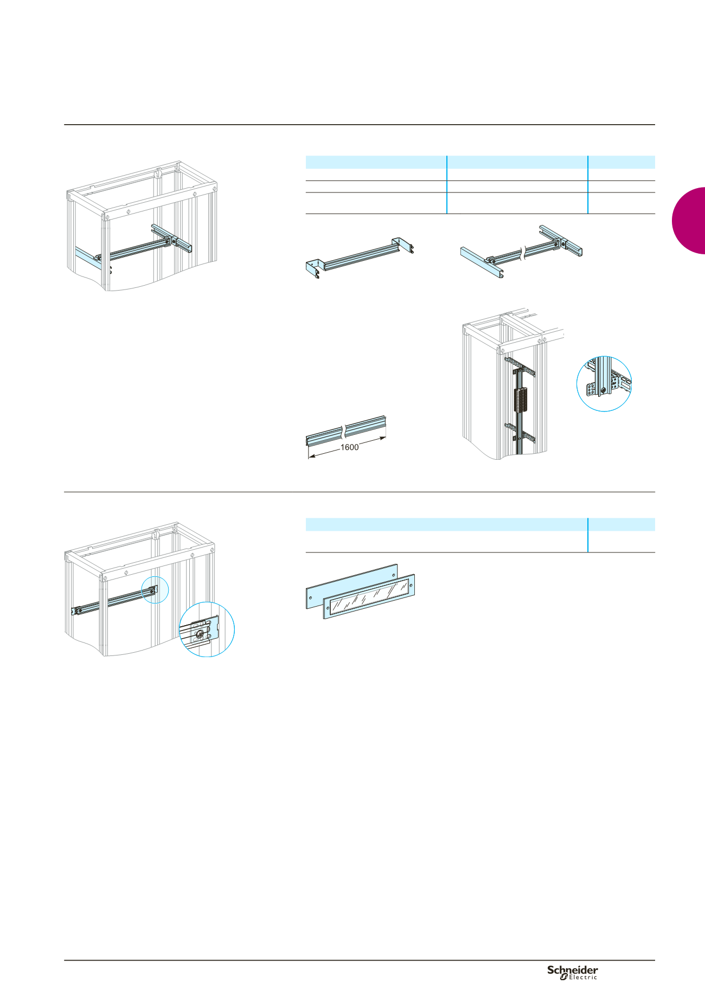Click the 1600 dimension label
(349, 447)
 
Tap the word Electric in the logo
(582, 977)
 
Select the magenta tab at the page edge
(689, 221)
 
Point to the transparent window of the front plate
(369, 596)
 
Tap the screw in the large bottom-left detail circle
(201, 635)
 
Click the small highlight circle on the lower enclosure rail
(155, 589)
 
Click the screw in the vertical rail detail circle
(603, 389)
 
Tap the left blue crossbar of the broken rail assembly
(482, 263)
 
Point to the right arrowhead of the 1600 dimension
(383, 438)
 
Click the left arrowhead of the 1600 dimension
(312, 457)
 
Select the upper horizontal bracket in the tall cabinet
(520, 365)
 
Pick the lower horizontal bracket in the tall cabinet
(520, 431)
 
